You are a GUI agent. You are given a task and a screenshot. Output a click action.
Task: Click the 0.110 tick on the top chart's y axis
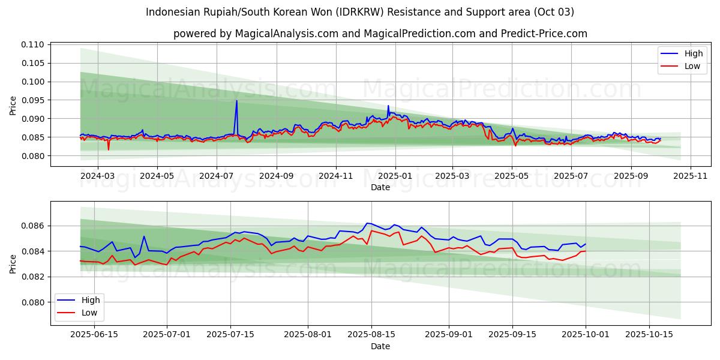pos(33,44)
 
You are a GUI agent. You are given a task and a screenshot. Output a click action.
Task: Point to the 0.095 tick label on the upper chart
pos(33,100)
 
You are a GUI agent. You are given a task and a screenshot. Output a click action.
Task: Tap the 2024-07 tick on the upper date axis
pos(216,176)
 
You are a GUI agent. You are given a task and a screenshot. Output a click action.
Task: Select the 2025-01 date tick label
pos(395,176)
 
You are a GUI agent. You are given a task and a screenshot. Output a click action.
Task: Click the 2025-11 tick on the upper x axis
pos(691,176)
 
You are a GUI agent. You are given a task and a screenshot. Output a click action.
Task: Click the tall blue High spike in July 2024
pos(236,101)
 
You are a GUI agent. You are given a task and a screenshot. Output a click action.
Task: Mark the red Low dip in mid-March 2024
pos(109,149)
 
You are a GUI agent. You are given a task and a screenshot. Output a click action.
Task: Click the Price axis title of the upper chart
pos(13,105)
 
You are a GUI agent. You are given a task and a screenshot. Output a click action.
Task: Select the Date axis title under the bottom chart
pos(380,346)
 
